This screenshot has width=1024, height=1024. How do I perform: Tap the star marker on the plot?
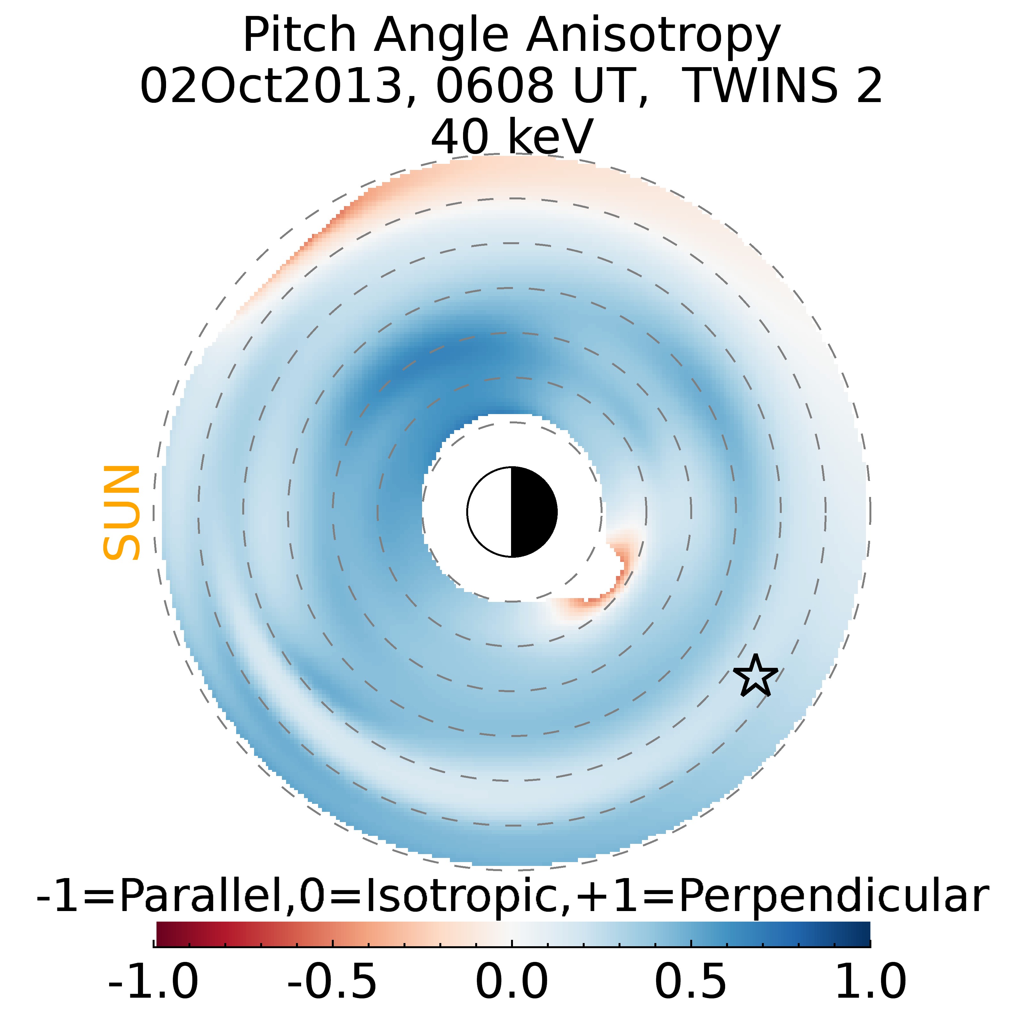(x=755, y=676)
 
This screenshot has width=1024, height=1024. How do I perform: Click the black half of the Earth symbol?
(x=533, y=512)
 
